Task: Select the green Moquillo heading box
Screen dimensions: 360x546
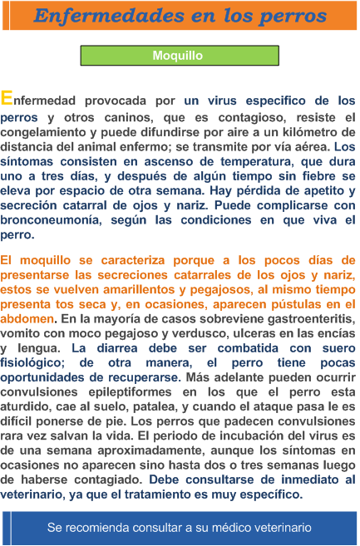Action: point(178,56)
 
